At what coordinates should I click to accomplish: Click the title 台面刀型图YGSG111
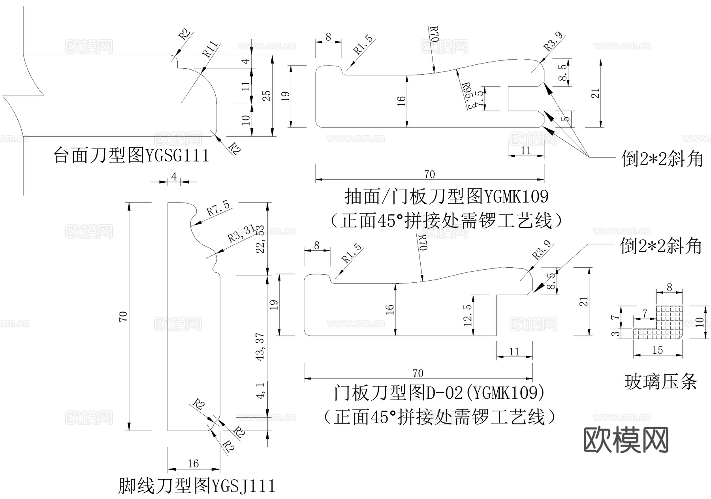[x=131, y=156]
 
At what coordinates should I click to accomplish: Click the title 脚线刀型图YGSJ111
[x=196, y=486]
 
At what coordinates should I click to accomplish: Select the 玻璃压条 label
[x=660, y=382]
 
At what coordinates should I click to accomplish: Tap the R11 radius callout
[x=210, y=49]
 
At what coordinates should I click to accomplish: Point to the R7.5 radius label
[x=218, y=208]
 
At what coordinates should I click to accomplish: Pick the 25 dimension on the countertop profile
[x=267, y=96]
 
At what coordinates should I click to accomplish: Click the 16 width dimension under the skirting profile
[x=193, y=463]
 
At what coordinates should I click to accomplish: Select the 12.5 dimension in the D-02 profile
[x=468, y=315]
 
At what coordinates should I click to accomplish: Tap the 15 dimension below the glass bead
[x=657, y=350]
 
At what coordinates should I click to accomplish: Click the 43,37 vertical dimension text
[x=260, y=347]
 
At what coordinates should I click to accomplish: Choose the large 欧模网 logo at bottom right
[x=626, y=440]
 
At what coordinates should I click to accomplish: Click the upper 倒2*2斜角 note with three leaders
[x=662, y=159]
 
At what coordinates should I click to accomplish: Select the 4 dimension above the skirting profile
[x=174, y=177]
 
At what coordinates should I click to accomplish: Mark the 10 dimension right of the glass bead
[x=700, y=322]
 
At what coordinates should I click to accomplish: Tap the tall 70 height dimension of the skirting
[x=123, y=316]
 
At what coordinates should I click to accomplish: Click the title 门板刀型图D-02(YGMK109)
[x=438, y=393]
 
